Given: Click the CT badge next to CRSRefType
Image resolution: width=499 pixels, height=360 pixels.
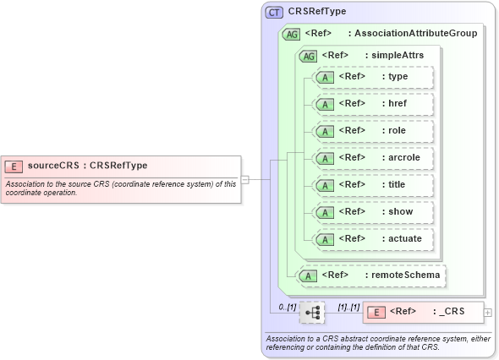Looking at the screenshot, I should (x=275, y=12).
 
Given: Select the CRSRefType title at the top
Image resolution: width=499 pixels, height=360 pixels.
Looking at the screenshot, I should (x=317, y=12).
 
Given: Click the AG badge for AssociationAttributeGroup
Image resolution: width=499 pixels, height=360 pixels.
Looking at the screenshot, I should (x=292, y=34).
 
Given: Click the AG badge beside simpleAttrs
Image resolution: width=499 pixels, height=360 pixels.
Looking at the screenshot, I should (x=308, y=55).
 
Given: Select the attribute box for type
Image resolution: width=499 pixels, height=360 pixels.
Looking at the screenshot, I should (x=372, y=77).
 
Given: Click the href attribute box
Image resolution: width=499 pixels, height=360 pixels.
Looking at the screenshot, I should (x=372, y=104).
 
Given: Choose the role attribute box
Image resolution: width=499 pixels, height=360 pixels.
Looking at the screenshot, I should (x=372, y=131).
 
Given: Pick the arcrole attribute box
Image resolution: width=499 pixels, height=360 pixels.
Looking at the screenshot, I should (x=372, y=158).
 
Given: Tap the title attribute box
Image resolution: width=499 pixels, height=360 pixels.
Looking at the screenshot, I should (x=372, y=185).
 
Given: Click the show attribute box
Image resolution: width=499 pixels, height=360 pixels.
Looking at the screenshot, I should (x=372, y=212).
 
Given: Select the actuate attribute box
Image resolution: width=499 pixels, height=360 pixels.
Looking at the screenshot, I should (x=372, y=239).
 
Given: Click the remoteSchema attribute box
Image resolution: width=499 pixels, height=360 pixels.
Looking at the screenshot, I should (x=371, y=275).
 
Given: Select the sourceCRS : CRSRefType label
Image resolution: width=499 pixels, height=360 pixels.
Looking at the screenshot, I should (x=87, y=166).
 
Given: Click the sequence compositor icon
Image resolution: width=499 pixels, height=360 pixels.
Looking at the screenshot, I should (x=311, y=313).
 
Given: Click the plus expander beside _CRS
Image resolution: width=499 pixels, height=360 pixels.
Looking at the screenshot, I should (x=488, y=312).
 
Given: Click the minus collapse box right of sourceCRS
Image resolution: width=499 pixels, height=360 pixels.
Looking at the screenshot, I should (x=244, y=179).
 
